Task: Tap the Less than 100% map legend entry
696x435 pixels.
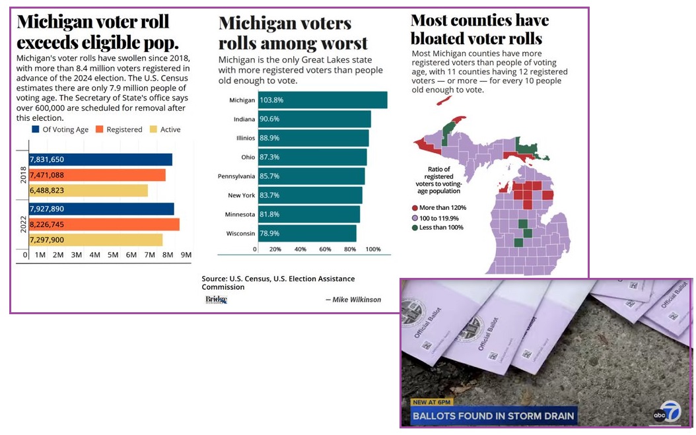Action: [440, 227]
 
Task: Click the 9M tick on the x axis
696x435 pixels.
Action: [186, 255]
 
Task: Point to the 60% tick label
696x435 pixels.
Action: [324, 250]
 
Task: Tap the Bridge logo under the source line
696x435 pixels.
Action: [216, 300]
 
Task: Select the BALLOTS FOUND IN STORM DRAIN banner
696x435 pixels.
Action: [493, 417]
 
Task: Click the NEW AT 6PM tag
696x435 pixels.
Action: [435, 402]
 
